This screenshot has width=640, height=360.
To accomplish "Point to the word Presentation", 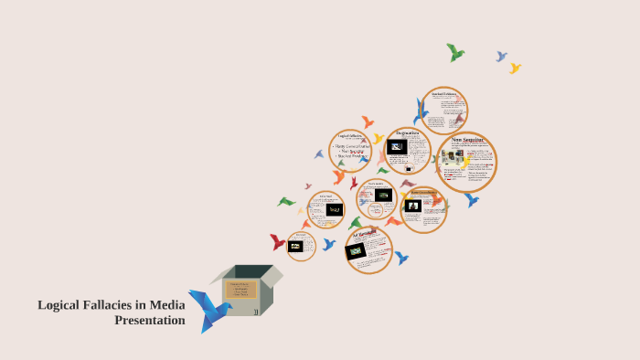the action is tap(149, 320).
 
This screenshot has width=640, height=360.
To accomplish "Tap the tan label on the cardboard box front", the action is tap(241, 290).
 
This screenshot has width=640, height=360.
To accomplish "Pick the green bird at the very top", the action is tap(454, 52).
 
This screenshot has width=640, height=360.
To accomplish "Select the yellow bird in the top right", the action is tap(515, 68).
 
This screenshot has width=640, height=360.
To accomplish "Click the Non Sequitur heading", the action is tap(467, 140).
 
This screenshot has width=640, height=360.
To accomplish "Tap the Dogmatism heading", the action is tap(408, 133).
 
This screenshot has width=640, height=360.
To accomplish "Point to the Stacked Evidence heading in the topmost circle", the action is tap(444, 93).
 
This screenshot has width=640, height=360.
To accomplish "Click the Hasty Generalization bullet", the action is tap(352, 145).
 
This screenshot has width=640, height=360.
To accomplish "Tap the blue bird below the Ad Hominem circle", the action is tap(400, 258).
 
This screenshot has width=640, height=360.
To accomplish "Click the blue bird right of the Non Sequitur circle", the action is tap(472, 198).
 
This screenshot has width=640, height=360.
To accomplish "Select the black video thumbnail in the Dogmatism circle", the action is tap(397, 146).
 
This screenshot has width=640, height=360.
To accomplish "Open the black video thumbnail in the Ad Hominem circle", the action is tap(357, 250).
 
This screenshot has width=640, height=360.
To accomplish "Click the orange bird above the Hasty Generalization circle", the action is tap(368, 122).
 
